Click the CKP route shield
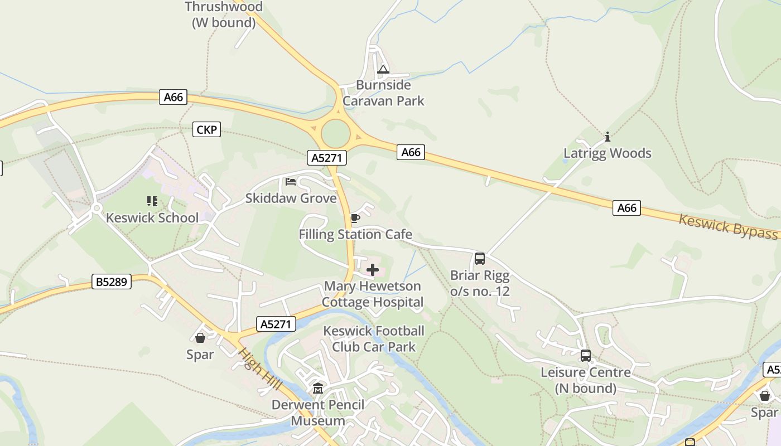[x=206, y=130]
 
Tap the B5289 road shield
[x=112, y=282]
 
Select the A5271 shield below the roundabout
[x=327, y=158]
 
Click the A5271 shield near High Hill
[x=276, y=324]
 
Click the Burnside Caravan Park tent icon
[x=383, y=70]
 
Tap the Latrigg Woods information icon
[x=608, y=137]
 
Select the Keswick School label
[x=152, y=217]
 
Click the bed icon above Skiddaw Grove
[x=291, y=182]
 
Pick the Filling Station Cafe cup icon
[x=355, y=218]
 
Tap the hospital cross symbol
[x=373, y=270]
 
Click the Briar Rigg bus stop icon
[x=479, y=259]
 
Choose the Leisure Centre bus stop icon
[x=586, y=356]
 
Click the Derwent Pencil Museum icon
[x=318, y=388]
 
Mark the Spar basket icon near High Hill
[x=200, y=338]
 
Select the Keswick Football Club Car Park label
[x=374, y=339]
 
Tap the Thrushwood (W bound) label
[x=224, y=14]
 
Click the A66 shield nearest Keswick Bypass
[x=626, y=208]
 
